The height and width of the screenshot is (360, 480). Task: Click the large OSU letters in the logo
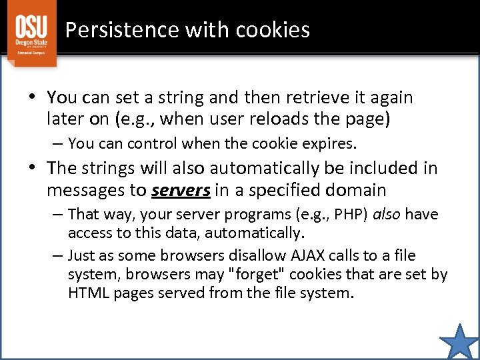[32, 27]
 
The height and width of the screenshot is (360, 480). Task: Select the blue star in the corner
[460, 341]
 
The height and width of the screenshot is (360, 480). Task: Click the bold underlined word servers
[181, 191]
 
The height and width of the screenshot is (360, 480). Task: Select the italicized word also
[391, 214]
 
